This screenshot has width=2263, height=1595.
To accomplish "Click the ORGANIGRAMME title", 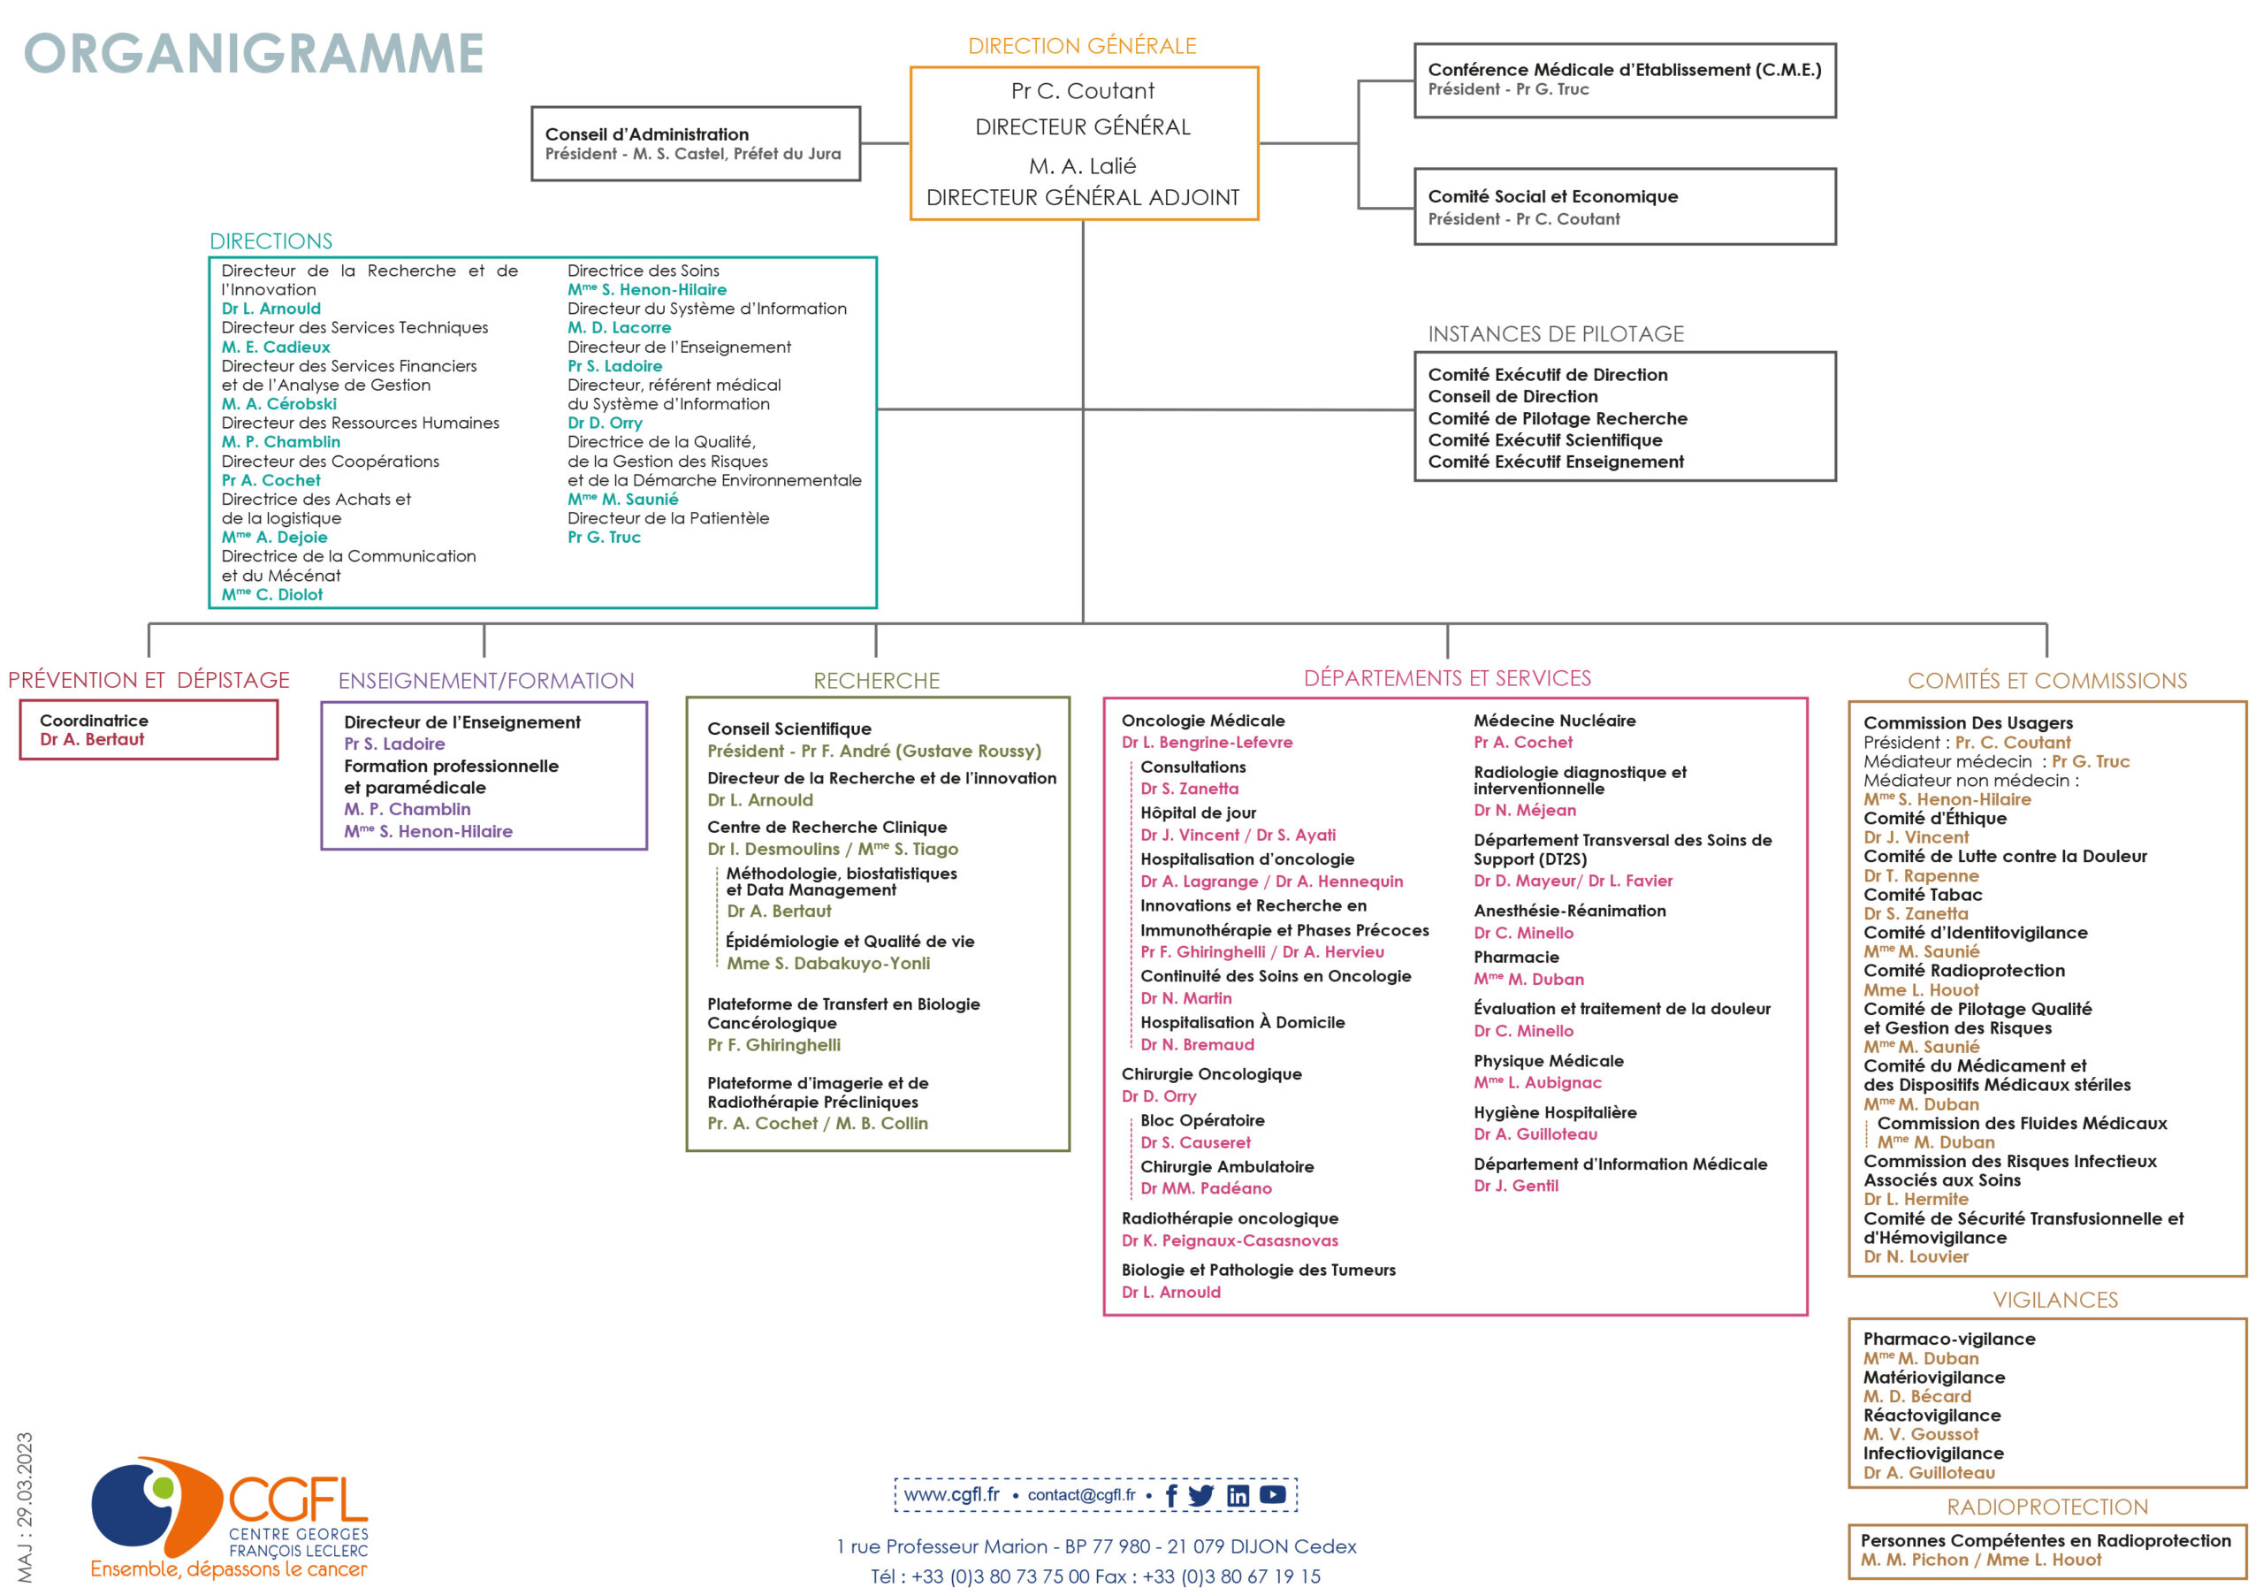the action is click(255, 53).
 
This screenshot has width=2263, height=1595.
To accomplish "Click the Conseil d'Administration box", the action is click(696, 144).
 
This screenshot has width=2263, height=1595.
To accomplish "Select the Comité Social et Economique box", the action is click(1626, 206).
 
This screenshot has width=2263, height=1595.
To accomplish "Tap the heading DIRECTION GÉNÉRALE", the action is click(1082, 46).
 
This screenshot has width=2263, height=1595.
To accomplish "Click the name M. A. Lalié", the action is click(1082, 165).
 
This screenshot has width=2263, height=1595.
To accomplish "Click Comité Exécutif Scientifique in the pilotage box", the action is click(1544, 439).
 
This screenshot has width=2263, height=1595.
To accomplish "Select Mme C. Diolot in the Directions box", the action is click(272, 594).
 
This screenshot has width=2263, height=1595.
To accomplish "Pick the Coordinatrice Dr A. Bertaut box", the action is click(149, 729).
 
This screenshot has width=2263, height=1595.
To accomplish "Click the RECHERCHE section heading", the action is click(876, 680).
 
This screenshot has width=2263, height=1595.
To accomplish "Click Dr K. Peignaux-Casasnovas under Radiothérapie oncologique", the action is click(1230, 1240).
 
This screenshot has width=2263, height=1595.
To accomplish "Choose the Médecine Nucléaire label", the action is click(1554, 721).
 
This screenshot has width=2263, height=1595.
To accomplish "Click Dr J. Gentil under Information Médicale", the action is click(1516, 1186).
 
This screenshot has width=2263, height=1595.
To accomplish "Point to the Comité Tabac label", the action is click(1922, 895).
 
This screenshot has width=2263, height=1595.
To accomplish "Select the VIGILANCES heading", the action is click(2055, 1301).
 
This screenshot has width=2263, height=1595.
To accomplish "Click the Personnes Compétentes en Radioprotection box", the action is click(2047, 1552).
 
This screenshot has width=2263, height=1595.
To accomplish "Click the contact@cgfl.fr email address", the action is click(1081, 1494).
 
